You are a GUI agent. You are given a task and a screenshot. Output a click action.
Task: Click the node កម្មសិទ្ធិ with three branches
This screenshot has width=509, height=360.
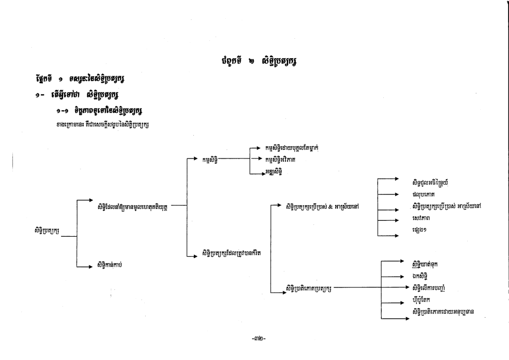(x=210, y=160)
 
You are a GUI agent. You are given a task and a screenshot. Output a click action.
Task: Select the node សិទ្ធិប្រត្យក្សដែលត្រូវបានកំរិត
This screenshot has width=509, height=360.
(x=232, y=253)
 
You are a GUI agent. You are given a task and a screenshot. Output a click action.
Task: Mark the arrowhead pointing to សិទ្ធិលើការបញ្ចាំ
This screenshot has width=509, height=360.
(x=403, y=287)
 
